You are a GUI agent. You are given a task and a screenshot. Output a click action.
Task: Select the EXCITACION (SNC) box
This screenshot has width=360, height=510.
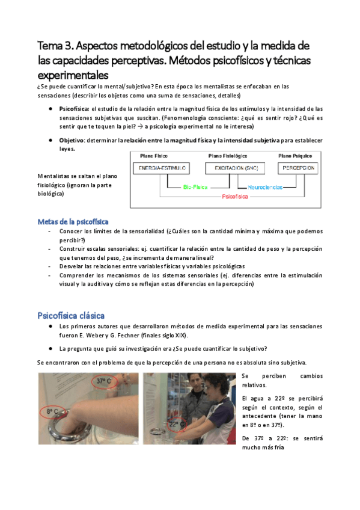tap(231, 168)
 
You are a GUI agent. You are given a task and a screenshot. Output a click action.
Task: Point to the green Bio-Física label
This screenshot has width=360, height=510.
tap(195, 187)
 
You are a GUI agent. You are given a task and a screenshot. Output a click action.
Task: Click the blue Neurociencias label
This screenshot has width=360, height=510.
tap(264, 187)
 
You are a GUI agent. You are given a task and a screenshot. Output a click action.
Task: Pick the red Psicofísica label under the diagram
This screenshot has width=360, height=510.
tap(235, 197)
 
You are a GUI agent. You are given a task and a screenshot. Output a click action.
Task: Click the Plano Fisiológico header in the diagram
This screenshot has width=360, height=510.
tap(231, 156)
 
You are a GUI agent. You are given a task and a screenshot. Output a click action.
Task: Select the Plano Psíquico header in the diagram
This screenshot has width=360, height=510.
tap(295, 156)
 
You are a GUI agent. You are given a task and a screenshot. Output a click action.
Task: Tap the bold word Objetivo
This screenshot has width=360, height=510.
tap(72, 140)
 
